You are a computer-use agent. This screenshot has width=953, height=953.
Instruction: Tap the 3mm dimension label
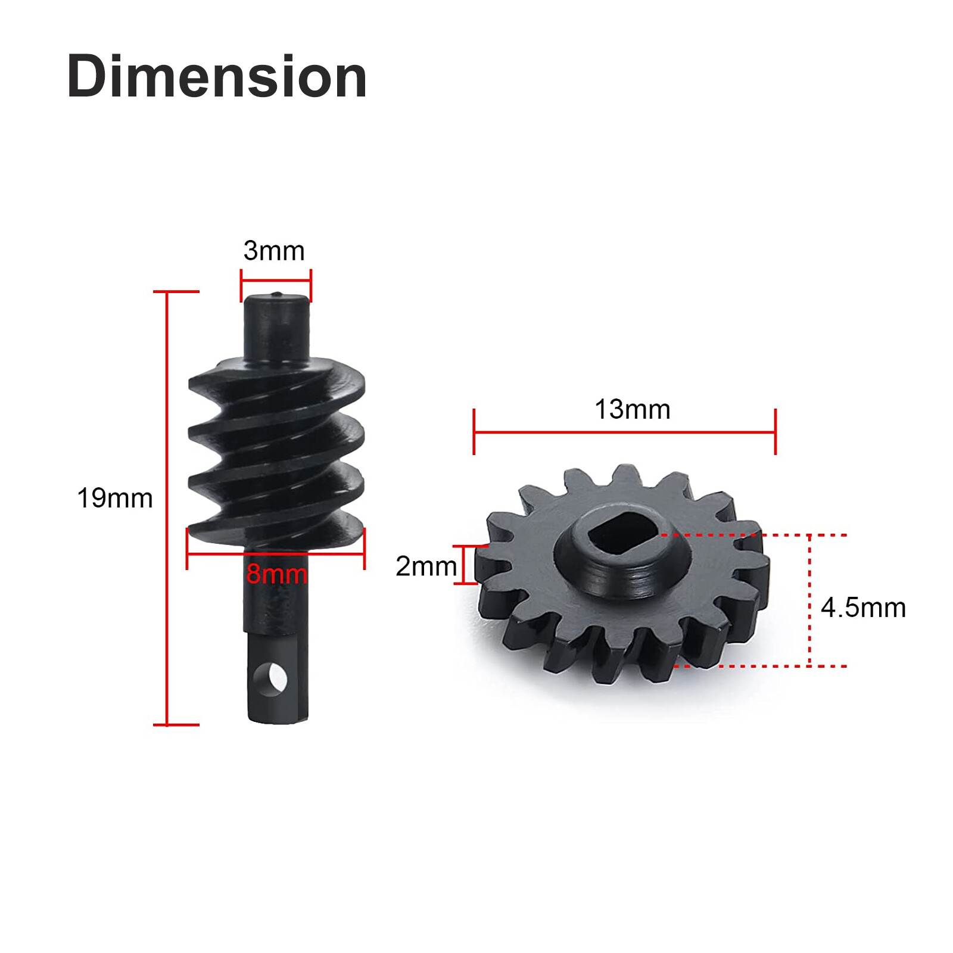click(x=274, y=251)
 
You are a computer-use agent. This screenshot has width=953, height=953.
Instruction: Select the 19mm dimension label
click(x=115, y=498)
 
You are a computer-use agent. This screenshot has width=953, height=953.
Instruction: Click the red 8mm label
click(x=277, y=574)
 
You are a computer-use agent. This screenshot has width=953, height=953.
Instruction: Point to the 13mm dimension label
click(x=633, y=409)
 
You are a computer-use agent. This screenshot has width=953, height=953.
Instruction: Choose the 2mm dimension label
click(x=426, y=566)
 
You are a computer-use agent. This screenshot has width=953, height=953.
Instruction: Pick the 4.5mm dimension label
click(x=863, y=608)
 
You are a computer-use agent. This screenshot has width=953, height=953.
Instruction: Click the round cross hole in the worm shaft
click(x=272, y=679)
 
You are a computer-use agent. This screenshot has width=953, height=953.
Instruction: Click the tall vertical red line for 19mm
click(x=167, y=506)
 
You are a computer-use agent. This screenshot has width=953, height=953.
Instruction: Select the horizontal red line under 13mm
click(x=624, y=432)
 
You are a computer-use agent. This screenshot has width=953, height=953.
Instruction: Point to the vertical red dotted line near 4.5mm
click(x=809, y=600)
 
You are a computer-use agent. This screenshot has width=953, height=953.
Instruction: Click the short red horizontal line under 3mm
click(x=276, y=279)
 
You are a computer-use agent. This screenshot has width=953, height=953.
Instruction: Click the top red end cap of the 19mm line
click(x=176, y=292)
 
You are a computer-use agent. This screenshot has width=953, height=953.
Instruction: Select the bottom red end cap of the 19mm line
click(x=176, y=724)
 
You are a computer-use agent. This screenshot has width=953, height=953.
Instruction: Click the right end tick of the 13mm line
click(x=776, y=432)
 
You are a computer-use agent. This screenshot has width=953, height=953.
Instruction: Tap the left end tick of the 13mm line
click(x=474, y=432)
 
